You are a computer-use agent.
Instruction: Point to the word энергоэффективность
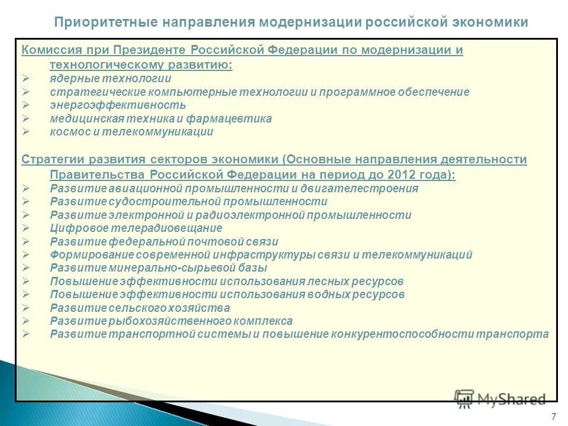tap(118, 105)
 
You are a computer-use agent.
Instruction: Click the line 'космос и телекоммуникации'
tap(131, 132)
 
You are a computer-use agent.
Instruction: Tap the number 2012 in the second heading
tap(398, 175)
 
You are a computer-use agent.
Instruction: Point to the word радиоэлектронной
tap(245, 215)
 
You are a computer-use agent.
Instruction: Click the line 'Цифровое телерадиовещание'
tap(136, 228)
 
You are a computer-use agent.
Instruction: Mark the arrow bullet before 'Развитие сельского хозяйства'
tap(25, 308)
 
